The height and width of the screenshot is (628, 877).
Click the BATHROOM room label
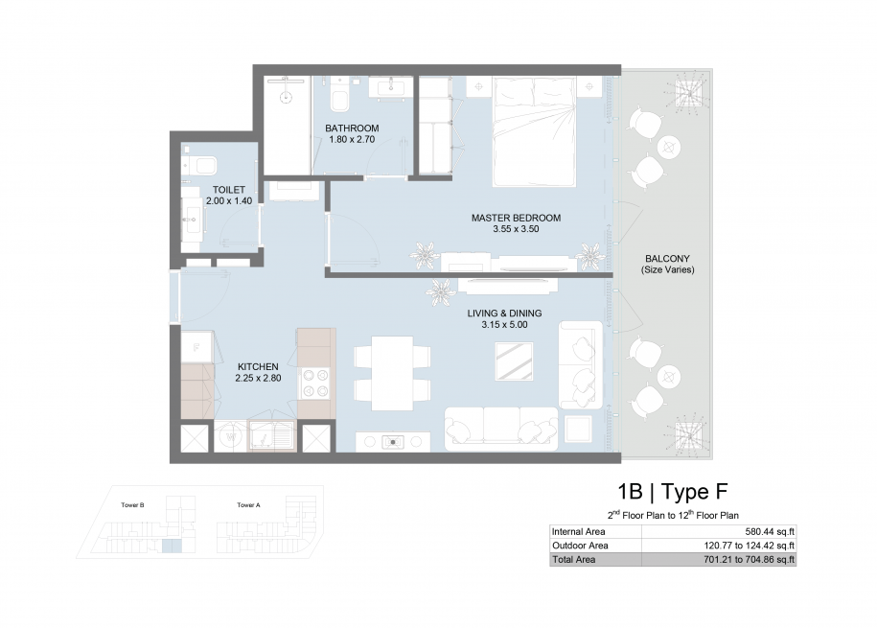(x=352, y=128)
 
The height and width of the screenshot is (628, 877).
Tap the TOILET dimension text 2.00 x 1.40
(x=229, y=201)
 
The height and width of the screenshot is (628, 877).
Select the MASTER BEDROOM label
(x=516, y=218)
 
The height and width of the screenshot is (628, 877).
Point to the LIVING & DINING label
(x=504, y=314)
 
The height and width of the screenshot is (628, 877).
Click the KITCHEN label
(x=258, y=366)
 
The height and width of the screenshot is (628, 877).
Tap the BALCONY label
(x=667, y=259)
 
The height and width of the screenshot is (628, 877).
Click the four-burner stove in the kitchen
(x=315, y=384)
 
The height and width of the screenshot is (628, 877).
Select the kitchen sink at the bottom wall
(x=270, y=435)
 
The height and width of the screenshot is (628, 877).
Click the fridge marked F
(x=196, y=347)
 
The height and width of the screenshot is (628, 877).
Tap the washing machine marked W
(x=229, y=436)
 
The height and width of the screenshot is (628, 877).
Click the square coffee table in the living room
(x=514, y=361)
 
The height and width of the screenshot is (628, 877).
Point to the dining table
(x=392, y=373)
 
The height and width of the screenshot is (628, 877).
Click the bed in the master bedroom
(x=534, y=131)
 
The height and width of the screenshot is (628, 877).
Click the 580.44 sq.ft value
(x=770, y=532)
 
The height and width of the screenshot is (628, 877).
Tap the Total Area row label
(x=574, y=559)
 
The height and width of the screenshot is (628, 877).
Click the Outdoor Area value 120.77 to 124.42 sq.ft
(x=749, y=546)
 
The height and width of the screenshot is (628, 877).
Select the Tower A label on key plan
(x=248, y=505)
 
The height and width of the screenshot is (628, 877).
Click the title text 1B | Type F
(x=672, y=492)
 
